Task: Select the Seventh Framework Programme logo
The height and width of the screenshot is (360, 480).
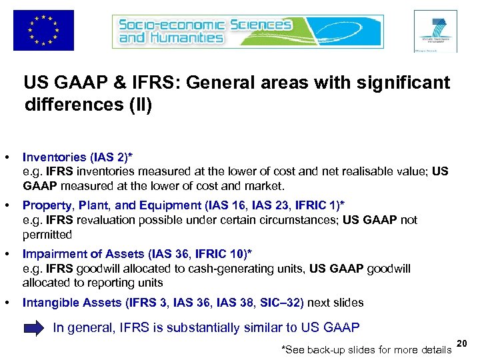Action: (x=435, y=31)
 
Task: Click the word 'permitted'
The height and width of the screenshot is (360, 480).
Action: (x=47, y=235)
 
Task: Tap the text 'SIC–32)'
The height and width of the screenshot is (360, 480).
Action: (x=282, y=303)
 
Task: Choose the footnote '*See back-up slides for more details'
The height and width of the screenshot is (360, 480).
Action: (x=367, y=350)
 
